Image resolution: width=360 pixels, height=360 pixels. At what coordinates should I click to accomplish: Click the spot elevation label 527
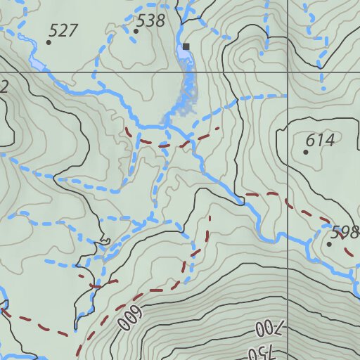click(x=64, y=30)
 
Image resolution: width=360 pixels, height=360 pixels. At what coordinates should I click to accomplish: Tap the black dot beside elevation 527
click(x=49, y=42)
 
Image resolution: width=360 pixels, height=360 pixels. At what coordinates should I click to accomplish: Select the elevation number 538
click(x=150, y=20)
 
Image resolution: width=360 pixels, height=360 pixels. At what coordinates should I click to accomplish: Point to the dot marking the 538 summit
click(x=136, y=31)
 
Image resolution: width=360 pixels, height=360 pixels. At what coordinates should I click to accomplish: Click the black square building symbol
click(x=186, y=47)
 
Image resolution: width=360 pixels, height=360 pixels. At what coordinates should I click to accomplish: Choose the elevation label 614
click(x=320, y=141)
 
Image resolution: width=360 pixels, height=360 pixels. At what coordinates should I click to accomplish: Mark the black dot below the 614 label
click(x=306, y=152)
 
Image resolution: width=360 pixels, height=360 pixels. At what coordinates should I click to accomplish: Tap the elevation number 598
click(x=345, y=233)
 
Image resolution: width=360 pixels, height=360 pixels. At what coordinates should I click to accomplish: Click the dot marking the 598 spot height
click(x=329, y=245)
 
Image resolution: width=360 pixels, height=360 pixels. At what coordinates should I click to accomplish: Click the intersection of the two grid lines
click(x=288, y=72)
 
